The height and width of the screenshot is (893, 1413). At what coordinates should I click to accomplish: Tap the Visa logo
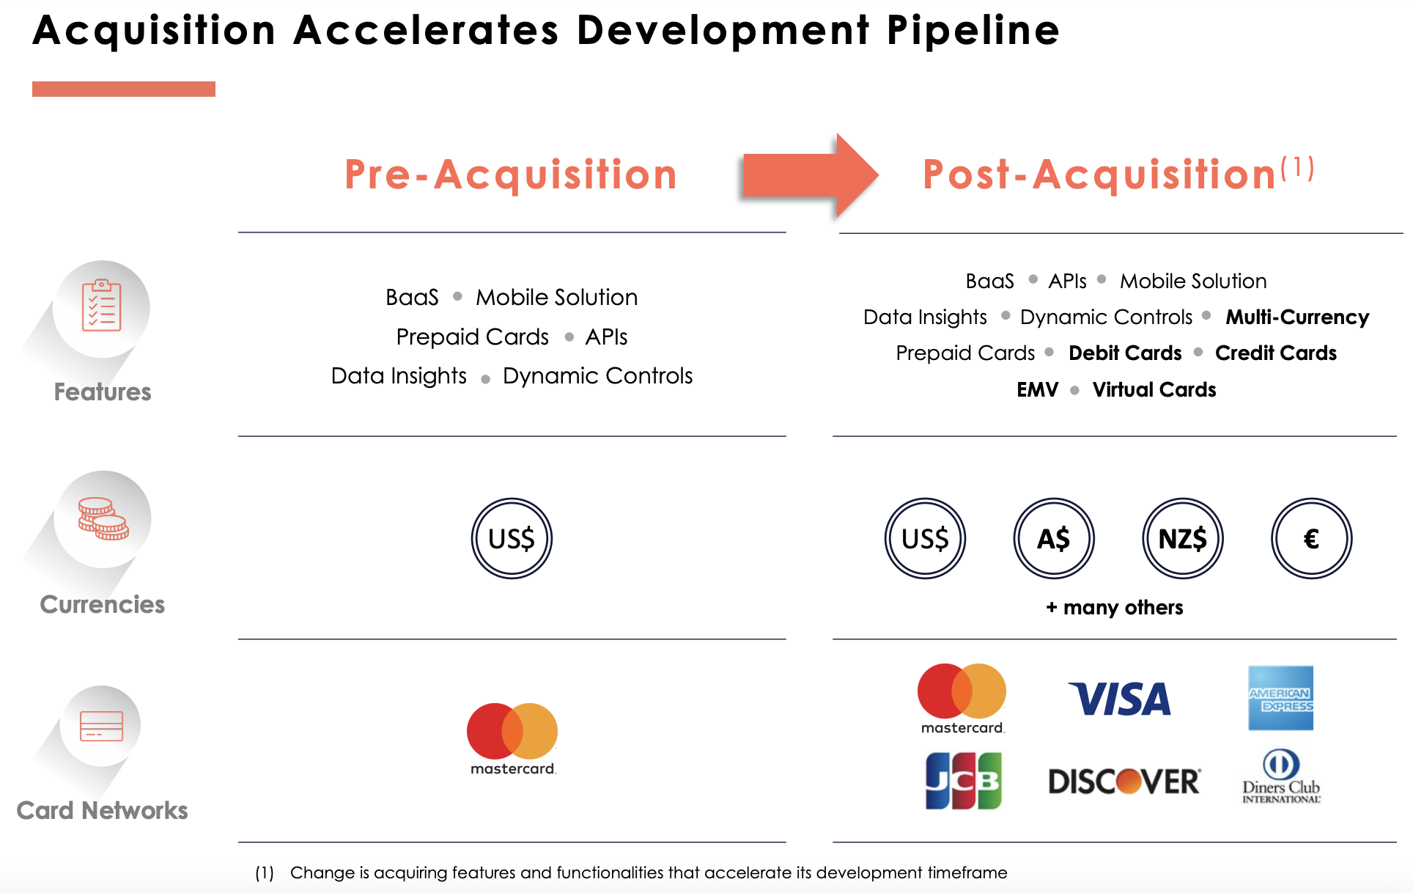pyautogui.click(x=1120, y=699)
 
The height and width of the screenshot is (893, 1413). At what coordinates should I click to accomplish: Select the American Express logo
pyautogui.click(x=1280, y=698)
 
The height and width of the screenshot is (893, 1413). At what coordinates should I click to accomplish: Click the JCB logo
pyautogui.click(x=963, y=781)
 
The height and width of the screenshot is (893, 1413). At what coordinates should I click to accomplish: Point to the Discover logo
pyautogui.click(x=1125, y=782)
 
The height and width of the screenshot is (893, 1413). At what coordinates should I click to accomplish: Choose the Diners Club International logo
pyautogui.click(x=1281, y=776)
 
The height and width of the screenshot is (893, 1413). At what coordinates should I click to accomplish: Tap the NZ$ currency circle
pyautogui.click(x=1183, y=539)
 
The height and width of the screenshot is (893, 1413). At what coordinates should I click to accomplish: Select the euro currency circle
pyautogui.click(x=1311, y=539)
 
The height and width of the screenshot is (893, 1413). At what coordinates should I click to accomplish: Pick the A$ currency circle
pyautogui.click(x=1054, y=539)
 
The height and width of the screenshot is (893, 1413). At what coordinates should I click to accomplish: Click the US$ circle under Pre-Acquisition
pyautogui.click(x=512, y=539)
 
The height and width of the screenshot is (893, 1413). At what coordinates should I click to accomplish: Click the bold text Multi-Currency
pyautogui.click(x=1297, y=317)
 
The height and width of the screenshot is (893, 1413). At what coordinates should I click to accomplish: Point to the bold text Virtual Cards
pyautogui.click(x=1154, y=389)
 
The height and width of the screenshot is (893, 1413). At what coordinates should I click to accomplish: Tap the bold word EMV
pyautogui.click(x=1038, y=389)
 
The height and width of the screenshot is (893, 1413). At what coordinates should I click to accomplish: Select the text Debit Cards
pyautogui.click(x=1125, y=353)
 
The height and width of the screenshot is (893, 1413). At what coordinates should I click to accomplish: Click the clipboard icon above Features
pyautogui.click(x=102, y=306)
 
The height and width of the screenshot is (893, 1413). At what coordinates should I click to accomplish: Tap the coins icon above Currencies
pyautogui.click(x=103, y=519)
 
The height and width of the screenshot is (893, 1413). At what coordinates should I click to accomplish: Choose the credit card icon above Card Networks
pyautogui.click(x=102, y=726)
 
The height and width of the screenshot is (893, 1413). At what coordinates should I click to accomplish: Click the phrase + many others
pyautogui.click(x=1115, y=607)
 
